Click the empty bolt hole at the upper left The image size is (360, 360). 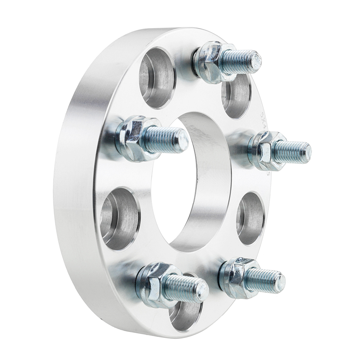click(x=157, y=77)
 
